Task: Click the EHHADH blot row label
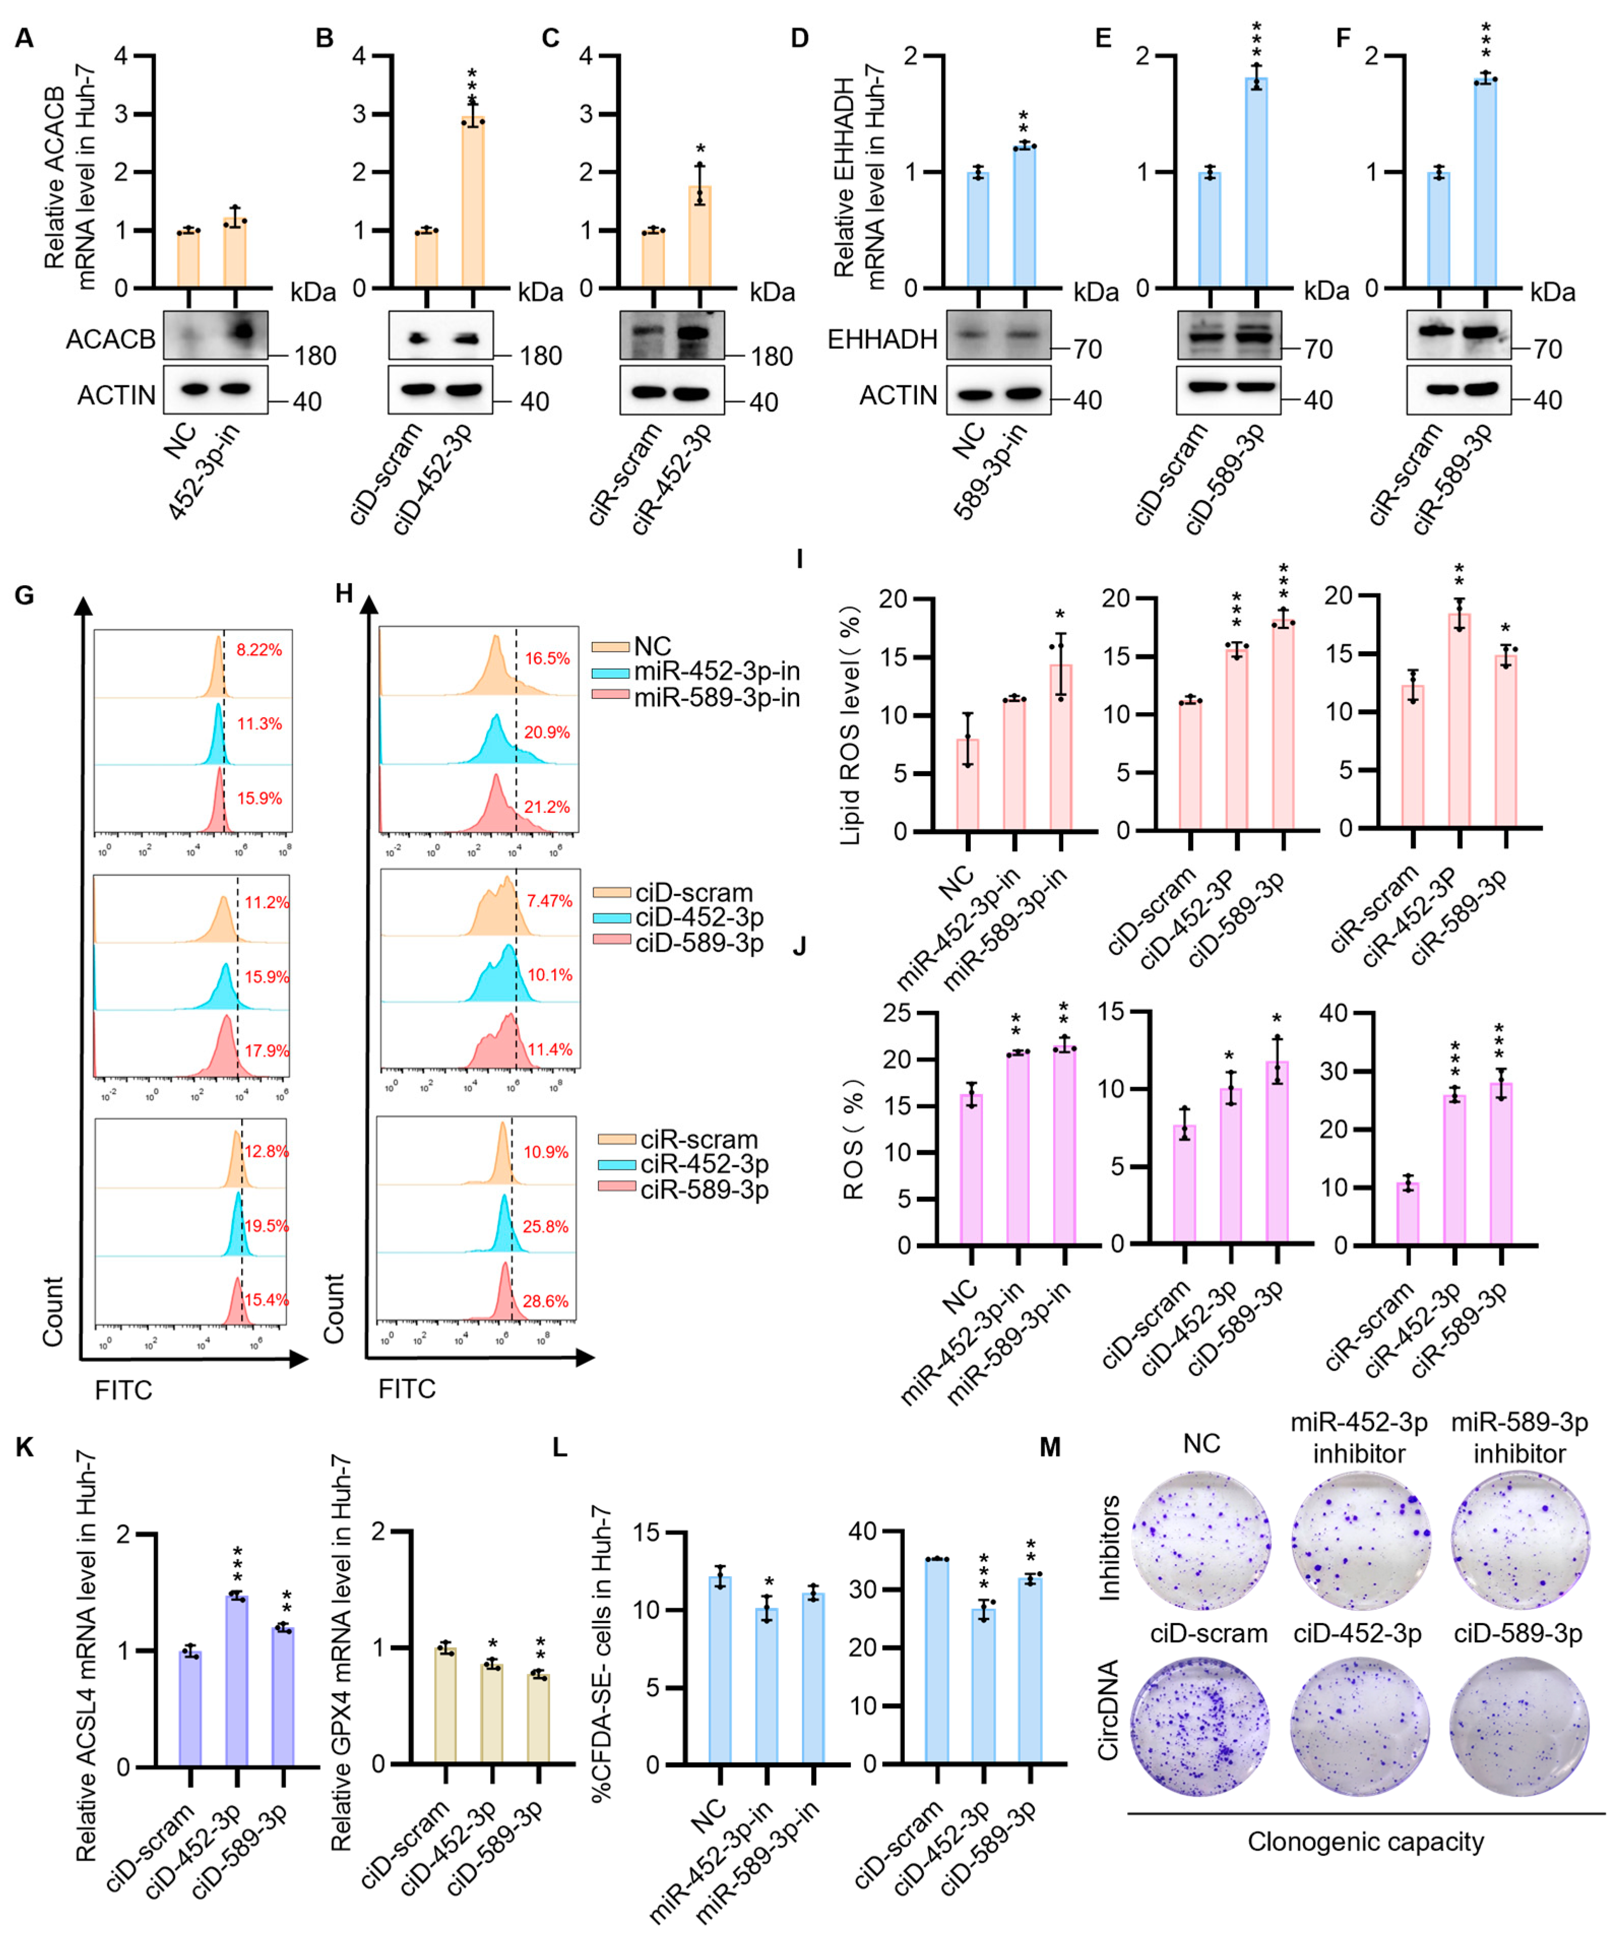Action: click(882, 340)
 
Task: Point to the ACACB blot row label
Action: click(110, 340)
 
